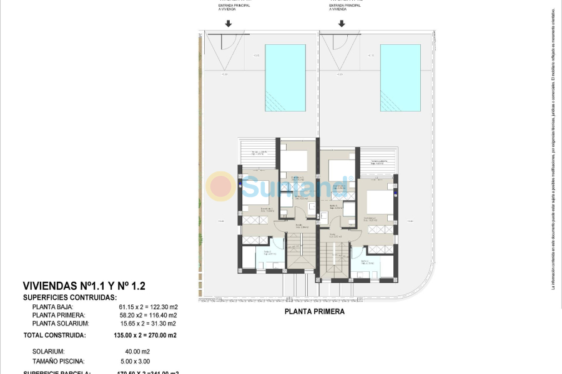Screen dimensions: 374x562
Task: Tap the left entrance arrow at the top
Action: click(x=229, y=24)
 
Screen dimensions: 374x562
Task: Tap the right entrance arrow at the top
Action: click(x=342, y=24)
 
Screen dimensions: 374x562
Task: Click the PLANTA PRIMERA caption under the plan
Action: click(x=314, y=312)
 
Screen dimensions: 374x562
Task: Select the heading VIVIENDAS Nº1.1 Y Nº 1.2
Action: click(x=84, y=286)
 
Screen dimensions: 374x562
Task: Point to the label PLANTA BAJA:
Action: click(x=53, y=307)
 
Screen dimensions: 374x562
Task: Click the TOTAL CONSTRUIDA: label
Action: click(x=54, y=335)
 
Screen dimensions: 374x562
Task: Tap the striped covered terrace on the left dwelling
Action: click(x=258, y=154)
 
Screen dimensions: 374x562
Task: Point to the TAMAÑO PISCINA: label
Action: click(x=59, y=361)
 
